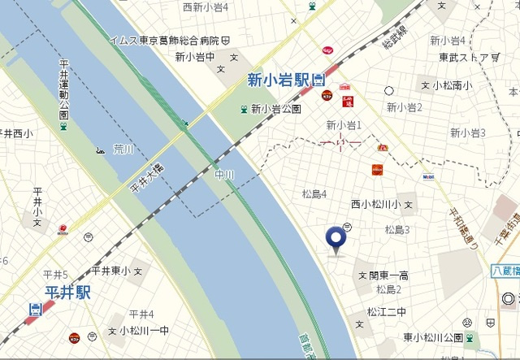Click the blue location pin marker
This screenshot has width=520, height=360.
[x=335, y=238]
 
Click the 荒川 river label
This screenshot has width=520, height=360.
[x=123, y=150]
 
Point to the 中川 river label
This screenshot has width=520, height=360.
[x=223, y=173]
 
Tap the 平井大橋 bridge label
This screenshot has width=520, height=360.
[x=147, y=177]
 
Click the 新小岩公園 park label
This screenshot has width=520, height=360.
[x=276, y=108]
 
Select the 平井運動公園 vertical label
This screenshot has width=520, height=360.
[x=64, y=89]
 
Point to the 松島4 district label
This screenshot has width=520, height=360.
[x=314, y=193]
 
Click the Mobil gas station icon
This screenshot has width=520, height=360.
[x=428, y=176]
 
